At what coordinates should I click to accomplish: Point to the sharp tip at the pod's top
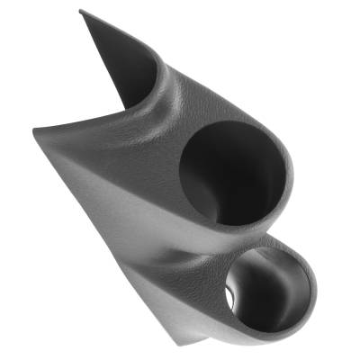tap(80, 12)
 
